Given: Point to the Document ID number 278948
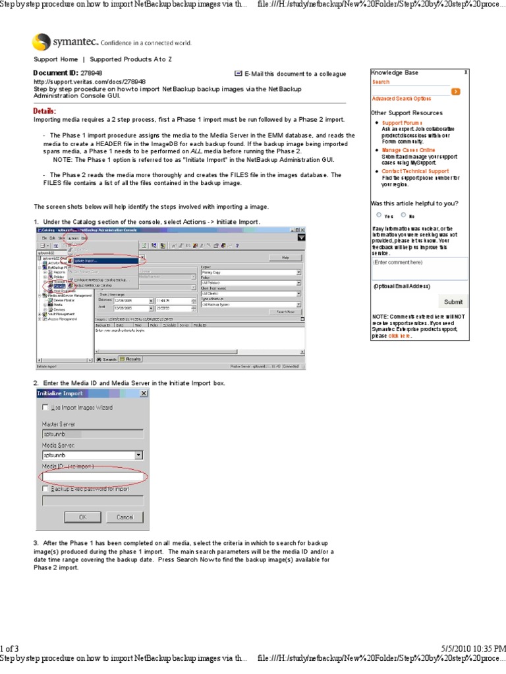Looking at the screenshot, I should pyautogui.click(x=91, y=74).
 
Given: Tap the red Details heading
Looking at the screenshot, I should pyautogui.click(x=45, y=111).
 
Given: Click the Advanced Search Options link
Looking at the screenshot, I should pyautogui.click(x=401, y=99).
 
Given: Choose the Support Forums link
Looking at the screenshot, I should pyautogui.click(x=401, y=123).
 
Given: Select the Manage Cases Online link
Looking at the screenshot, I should pyautogui.click(x=408, y=150).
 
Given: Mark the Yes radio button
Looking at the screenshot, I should pyautogui.click(x=379, y=215).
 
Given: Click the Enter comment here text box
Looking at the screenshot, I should pyautogui.click(x=420, y=268).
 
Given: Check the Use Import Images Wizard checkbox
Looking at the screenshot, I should pyautogui.click(x=45, y=407).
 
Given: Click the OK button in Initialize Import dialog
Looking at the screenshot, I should pyautogui.click(x=83, y=517).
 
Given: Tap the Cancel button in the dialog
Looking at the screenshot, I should pyautogui.click(x=125, y=517).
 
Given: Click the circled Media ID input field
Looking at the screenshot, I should pyautogui.click(x=92, y=476).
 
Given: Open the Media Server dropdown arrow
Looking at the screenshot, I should pyautogui.click(x=138, y=455).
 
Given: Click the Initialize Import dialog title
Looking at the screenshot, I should pyautogui.click(x=61, y=393).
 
